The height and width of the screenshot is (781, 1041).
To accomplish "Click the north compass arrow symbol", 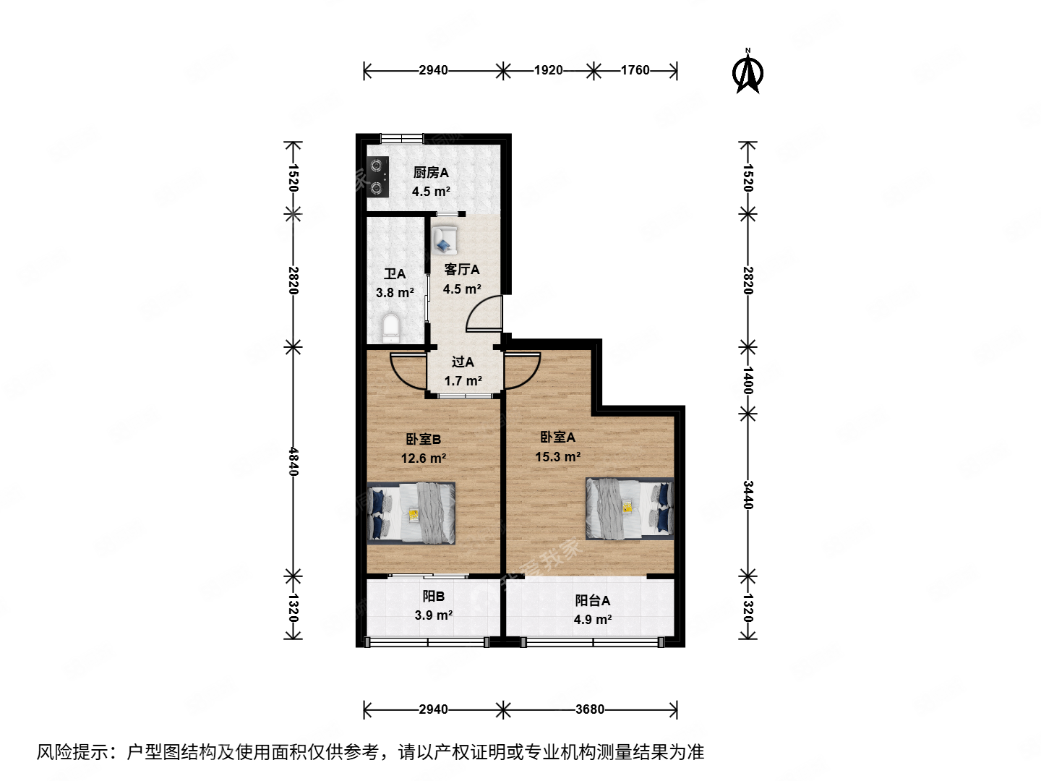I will [x=747, y=72].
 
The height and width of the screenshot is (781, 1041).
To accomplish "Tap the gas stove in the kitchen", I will [x=377, y=177].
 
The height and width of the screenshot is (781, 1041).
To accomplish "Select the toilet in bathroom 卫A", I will [x=390, y=328].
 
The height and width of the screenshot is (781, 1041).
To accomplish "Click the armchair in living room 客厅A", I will [x=445, y=240].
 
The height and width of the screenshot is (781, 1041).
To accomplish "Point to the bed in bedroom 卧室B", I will [x=411, y=513].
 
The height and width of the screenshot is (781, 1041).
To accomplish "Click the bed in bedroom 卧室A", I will [x=629, y=508].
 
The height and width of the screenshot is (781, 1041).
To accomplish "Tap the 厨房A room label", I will [x=431, y=173].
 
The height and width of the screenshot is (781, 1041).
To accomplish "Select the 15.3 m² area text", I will [x=557, y=457].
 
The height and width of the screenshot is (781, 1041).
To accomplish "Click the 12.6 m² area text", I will [x=423, y=458].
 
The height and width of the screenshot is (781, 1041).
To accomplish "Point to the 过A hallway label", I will [x=463, y=362].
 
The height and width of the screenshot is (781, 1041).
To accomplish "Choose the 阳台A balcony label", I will [x=593, y=600].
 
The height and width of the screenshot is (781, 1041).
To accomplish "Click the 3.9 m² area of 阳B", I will [x=433, y=615].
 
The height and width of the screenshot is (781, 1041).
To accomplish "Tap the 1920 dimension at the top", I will [x=548, y=70].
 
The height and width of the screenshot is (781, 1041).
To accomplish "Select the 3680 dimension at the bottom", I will [x=590, y=709].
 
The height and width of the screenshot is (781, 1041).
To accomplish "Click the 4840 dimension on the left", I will [x=293, y=461].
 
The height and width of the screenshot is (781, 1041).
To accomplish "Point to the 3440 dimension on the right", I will [x=747, y=495].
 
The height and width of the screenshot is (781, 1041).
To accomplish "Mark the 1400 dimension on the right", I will [x=747, y=380].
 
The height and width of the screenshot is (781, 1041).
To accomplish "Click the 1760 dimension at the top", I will [x=635, y=70].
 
